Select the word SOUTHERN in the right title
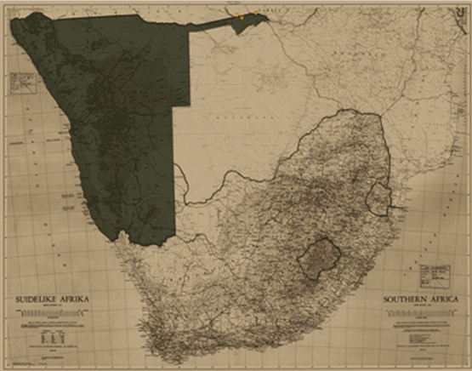coord(406,300)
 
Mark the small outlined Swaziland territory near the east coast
coord(376,197)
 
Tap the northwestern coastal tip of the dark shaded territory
coord(13,19)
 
